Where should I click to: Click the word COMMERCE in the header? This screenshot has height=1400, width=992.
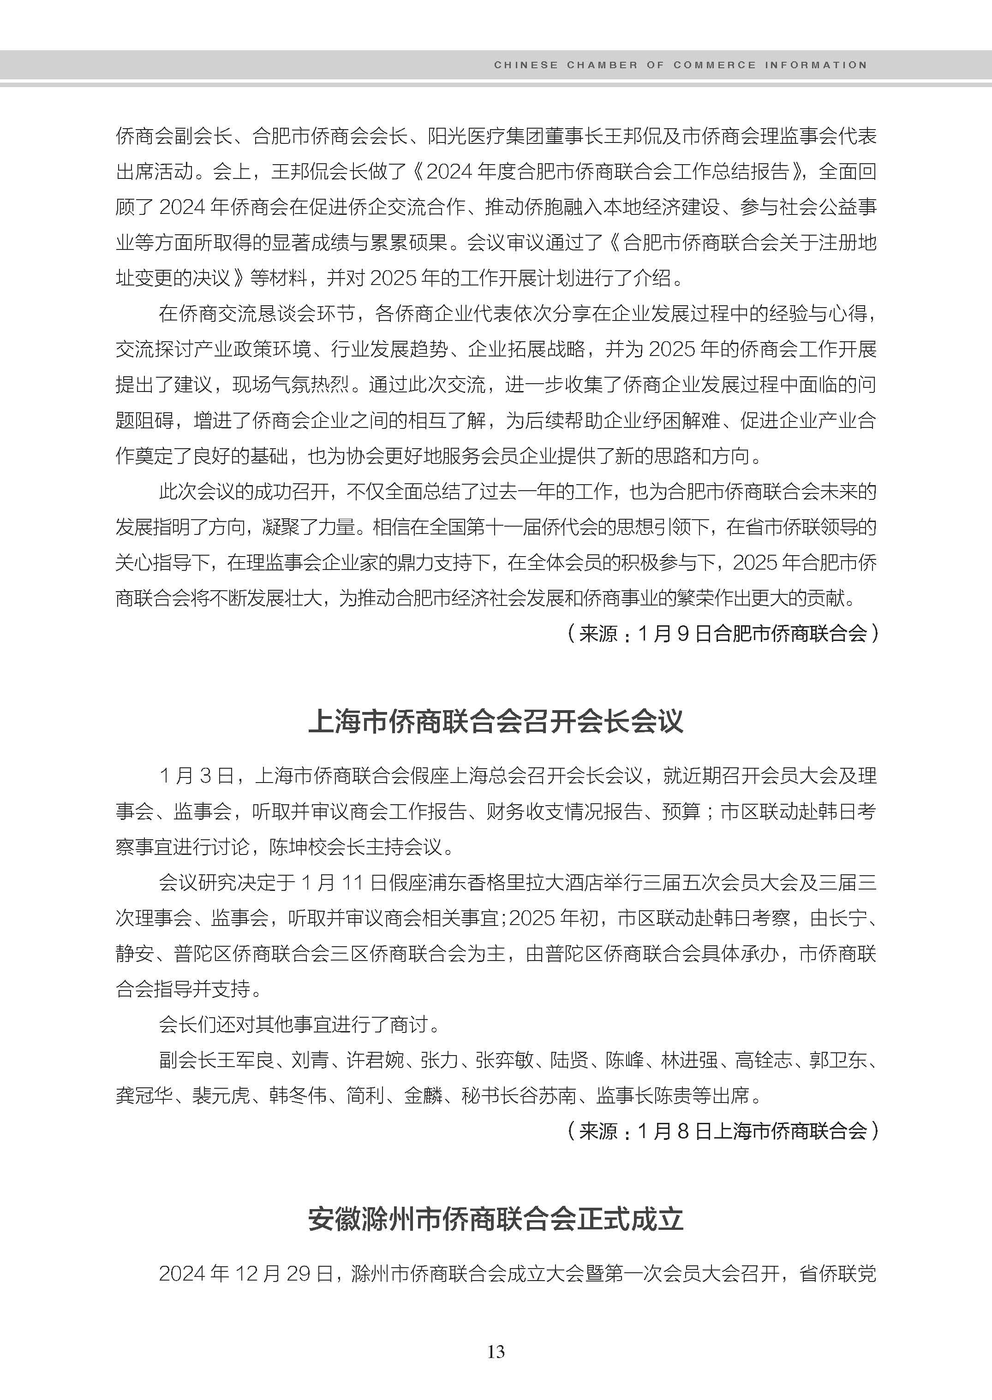714,65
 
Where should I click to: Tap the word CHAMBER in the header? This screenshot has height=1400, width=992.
602,65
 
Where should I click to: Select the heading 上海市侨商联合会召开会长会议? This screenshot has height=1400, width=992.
496,721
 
